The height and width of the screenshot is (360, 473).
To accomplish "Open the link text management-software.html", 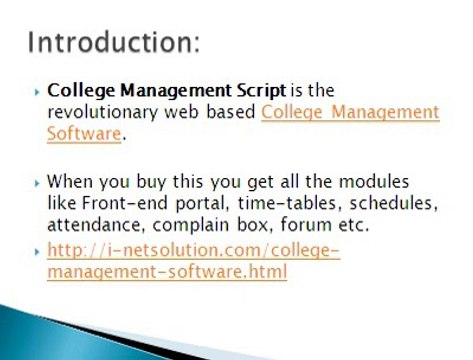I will pos(167,270).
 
